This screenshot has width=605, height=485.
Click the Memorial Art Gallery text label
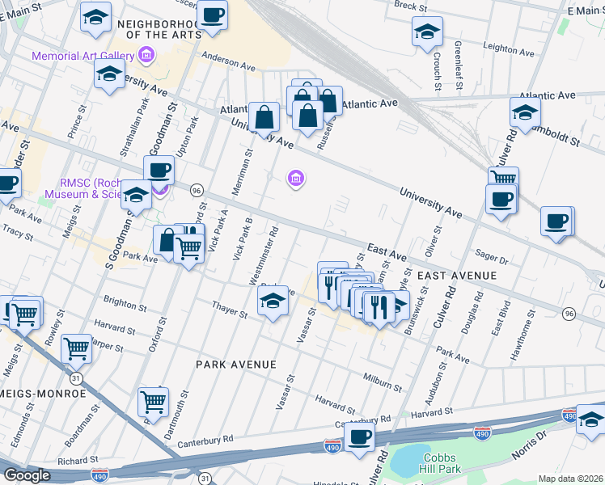(x=82, y=56)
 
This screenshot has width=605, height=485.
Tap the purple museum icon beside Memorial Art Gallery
(x=146, y=56)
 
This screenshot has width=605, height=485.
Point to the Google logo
(x=27, y=475)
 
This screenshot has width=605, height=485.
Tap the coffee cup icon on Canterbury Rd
(x=359, y=437)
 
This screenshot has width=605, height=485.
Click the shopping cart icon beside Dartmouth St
(x=153, y=400)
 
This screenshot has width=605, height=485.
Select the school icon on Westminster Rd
(x=273, y=302)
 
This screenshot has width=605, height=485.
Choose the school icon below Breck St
(x=427, y=32)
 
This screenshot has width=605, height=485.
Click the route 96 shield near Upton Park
(x=197, y=190)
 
